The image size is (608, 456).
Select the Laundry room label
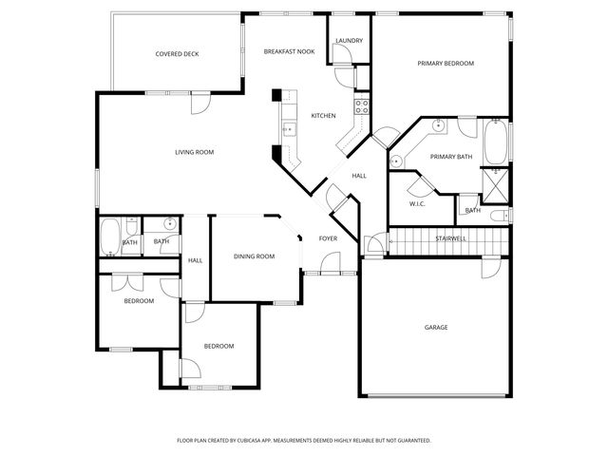click(x=349, y=41)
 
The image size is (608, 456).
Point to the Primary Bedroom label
click(x=446, y=64)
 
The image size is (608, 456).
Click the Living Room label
click(x=194, y=152)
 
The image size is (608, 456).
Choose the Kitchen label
click(x=323, y=116)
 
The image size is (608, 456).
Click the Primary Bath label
click(x=450, y=156)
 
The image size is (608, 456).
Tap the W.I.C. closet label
click(x=417, y=203)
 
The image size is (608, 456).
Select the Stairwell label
click(x=450, y=238)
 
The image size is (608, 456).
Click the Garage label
click(x=436, y=327)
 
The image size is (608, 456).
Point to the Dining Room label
click(x=254, y=256)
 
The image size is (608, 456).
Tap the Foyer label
click(x=328, y=238)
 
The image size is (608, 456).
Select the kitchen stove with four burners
click(x=361, y=105)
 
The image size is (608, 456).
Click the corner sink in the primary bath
click(x=439, y=124)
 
